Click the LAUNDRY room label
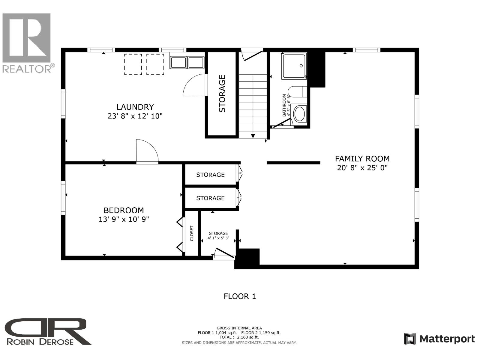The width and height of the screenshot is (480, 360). pos(135,107)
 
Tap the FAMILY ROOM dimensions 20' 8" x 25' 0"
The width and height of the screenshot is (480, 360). pos(362,168)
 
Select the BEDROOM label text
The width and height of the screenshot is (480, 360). pos(124,210)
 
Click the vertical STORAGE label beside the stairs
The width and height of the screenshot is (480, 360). pos(222,94)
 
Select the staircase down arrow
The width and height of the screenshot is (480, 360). pos(253,136)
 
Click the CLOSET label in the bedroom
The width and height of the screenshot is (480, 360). pos(192,233)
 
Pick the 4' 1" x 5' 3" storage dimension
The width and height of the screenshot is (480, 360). pos(218,238)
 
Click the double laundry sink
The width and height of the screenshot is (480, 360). pos(187,62)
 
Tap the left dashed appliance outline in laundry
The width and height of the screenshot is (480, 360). pos(133,64)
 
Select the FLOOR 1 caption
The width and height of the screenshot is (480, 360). pos(240,296)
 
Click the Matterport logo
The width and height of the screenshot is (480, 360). pos(439,339)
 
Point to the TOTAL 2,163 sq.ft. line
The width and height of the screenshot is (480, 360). pos(239,337)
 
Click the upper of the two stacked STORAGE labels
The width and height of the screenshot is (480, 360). pos(210,175)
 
